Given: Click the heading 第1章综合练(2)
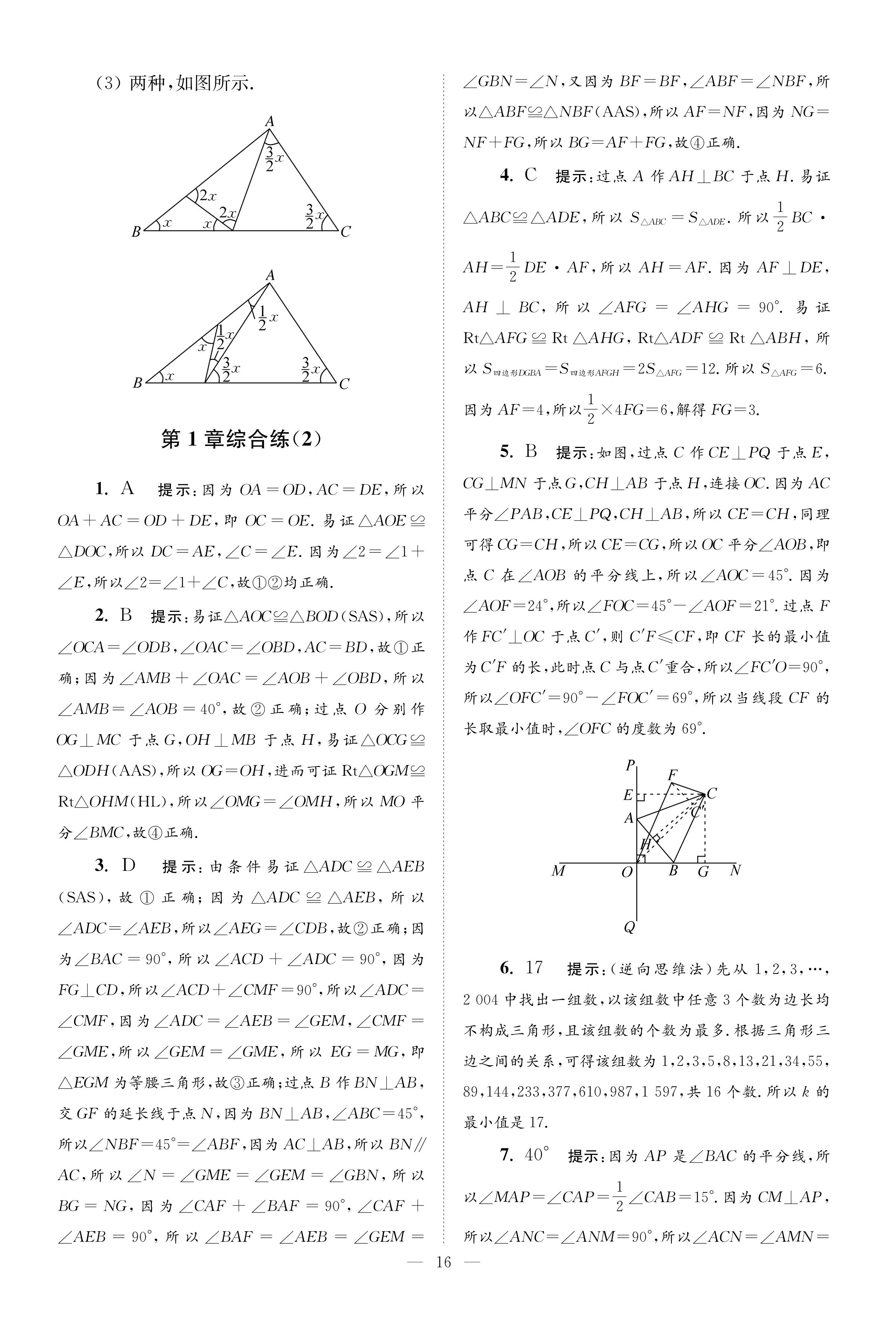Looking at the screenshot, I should [241, 439].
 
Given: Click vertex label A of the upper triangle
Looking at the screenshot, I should [270, 121].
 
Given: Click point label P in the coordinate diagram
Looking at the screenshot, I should [630, 765].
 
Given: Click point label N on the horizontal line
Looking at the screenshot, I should [735, 870].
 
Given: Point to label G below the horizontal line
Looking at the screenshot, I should [703, 872].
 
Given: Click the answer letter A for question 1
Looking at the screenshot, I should [128, 488].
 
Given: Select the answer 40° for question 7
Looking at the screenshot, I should [538, 1155].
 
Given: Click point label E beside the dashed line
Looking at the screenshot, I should [628, 795].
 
